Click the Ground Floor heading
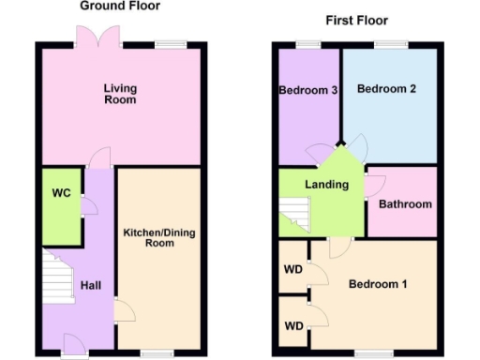pyautogui.click(x=120, y=6)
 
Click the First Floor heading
pyautogui.click(x=356, y=20)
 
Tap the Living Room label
pyautogui.click(x=120, y=94)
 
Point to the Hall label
pyautogui.click(x=91, y=286)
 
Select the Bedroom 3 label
pyautogui.click(x=307, y=91)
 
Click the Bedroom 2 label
pyautogui.click(x=386, y=89)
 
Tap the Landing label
pyautogui.click(x=327, y=185)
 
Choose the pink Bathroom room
pyautogui.click(x=404, y=203)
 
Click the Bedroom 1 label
pyautogui.click(x=378, y=284)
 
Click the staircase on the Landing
pyautogui.click(x=295, y=215)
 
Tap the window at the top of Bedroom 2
pyautogui.click(x=387, y=44)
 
